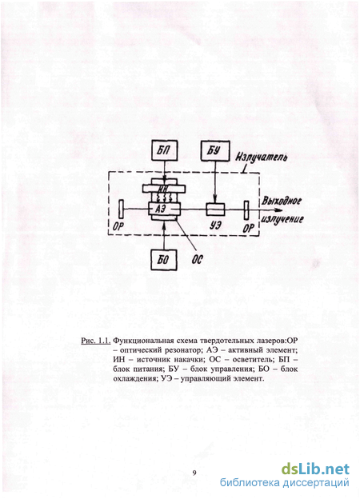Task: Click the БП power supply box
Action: [164, 150]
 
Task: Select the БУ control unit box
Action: [215, 150]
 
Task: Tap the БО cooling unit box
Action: [164, 260]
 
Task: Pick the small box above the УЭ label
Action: [215, 210]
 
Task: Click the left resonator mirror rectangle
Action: [121, 210]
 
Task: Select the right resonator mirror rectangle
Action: [246, 210]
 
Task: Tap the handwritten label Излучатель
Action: [261, 158]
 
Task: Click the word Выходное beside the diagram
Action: [282, 202]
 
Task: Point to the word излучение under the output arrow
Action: [282, 220]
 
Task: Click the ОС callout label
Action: [197, 260]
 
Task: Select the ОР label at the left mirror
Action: [118, 227]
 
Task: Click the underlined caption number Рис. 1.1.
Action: [96, 341]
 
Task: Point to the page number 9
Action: [194, 473]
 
